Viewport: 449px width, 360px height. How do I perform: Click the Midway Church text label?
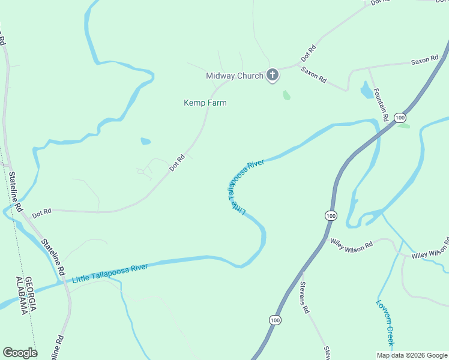[234, 76]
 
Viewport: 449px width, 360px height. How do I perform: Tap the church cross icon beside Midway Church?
[273, 76]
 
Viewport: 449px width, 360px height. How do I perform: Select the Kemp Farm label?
[205, 103]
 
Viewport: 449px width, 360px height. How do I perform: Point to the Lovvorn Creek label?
[384, 322]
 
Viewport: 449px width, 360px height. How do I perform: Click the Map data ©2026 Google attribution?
[412, 355]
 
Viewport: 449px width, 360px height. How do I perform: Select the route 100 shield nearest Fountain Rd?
[400, 118]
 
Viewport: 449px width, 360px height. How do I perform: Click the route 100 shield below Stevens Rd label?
[275, 321]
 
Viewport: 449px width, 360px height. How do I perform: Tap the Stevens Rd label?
[304, 298]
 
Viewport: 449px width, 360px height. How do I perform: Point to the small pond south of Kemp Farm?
[145, 142]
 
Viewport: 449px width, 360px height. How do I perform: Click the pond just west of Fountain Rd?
[366, 91]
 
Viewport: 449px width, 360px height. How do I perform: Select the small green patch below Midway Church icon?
[287, 95]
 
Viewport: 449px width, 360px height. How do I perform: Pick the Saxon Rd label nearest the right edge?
[425, 61]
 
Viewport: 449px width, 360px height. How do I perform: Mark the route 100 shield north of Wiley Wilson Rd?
[331, 215]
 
